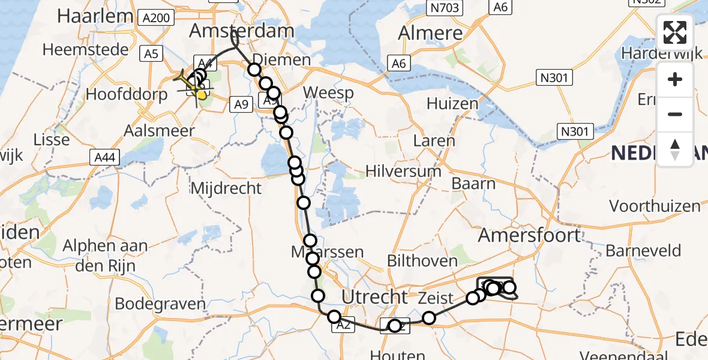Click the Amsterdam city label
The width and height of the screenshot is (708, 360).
[x=241, y=31]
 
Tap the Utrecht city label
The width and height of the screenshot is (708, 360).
[x=374, y=296]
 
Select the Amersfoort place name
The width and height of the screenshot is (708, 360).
[x=529, y=235]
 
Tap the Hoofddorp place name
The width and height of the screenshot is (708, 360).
[x=126, y=94]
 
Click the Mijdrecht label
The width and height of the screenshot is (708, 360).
[x=226, y=188]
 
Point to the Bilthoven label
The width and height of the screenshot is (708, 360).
[x=422, y=261]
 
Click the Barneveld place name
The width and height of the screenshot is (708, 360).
[x=643, y=250]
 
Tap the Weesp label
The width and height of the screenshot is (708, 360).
[x=328, y=93]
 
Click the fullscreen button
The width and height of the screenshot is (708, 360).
[x=675, y=32]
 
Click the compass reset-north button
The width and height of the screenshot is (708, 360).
[x=675, y=149]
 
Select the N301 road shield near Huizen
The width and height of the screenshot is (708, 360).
[x=555, y=77]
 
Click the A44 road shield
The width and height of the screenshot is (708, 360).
[x=106, y=157]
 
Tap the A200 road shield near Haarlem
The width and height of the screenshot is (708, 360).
[x=157, y=18]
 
